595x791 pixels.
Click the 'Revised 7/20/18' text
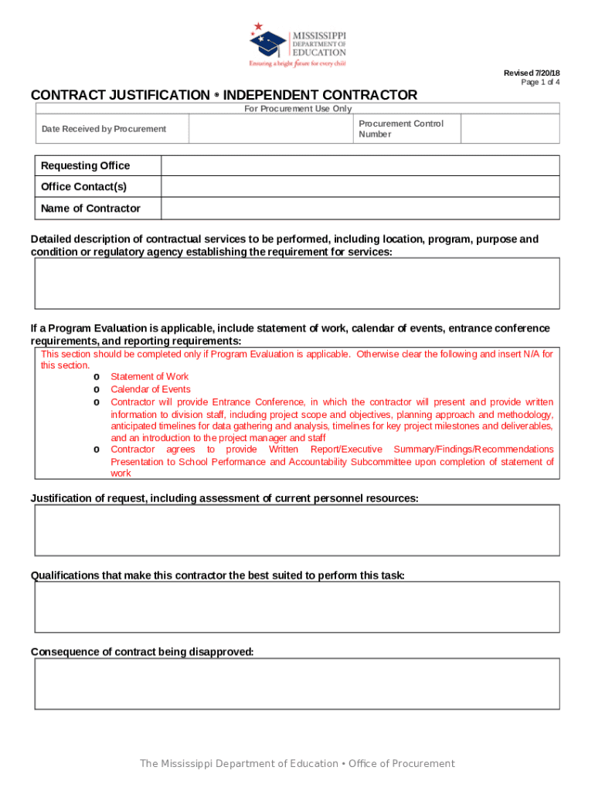point(532,73)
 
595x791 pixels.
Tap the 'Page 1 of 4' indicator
point(540,83)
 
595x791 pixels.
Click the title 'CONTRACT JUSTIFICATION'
point(120,95)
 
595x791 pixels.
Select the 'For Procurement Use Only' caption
point(297,109)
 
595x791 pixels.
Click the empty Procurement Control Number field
point(510,129)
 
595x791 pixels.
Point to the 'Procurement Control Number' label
point(401,129)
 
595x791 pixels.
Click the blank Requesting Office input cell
point(360,166)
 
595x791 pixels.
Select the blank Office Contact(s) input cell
point(360,187)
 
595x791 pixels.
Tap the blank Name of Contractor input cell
point(360,209)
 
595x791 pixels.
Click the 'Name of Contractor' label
point(90,209)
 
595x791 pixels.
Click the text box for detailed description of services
point(297,283)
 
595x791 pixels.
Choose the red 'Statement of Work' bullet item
point(149,377)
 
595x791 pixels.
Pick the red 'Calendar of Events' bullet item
point(150,389)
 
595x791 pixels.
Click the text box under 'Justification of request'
point(297,530)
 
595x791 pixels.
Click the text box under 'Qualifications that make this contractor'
point(297,607)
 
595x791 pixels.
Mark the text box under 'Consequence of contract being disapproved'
point(297,684)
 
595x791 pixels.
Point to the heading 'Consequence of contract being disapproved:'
point(142,652)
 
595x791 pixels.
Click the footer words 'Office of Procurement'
point(402,764)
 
